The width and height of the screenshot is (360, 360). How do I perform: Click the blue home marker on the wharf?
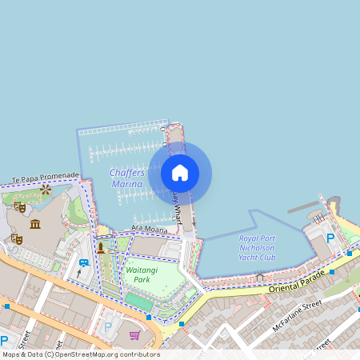tap(180, 173)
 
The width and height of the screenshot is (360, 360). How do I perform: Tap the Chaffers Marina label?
tap(127, 178)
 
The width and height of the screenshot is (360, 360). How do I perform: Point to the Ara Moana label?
tap(150, 229)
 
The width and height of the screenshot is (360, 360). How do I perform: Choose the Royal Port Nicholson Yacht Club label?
tap(258, 247)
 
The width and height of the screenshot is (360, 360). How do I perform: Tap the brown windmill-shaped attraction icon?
tap(46, 190)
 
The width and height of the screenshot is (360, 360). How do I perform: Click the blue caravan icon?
tap(84, 262)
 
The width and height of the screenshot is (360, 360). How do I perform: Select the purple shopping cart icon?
tap(134, 335)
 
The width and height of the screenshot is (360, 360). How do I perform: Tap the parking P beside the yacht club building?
tap(330, 238)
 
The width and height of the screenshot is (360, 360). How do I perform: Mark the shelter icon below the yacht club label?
tap(259, 277)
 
